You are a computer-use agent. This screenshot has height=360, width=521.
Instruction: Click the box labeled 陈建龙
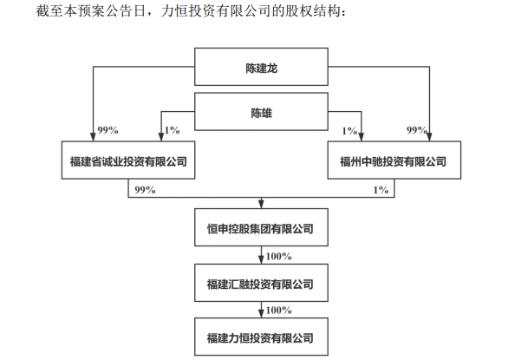click(x=261, y=67)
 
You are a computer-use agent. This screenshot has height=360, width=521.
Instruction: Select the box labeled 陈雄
click(x=261, y=111)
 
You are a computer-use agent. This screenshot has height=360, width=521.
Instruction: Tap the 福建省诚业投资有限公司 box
click(x=128, y=160)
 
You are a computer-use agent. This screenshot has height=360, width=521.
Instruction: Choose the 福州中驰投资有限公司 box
click(x=394, y=160)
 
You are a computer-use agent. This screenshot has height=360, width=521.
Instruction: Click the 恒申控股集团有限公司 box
click(x=261, y=227)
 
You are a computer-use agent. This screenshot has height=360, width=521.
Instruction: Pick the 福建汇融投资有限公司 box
click(x=261, y=283)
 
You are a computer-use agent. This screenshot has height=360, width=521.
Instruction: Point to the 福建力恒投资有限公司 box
click(x=261, y=337)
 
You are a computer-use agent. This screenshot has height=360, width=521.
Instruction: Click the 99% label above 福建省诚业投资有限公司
click(x=107, y=130)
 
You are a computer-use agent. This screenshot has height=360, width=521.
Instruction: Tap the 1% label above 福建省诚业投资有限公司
click(x=173, y=130)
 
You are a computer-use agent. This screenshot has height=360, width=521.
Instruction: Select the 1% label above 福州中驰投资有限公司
click(x=349, y=131)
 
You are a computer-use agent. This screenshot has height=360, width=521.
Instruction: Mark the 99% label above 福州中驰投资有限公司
click(x=417, y=130)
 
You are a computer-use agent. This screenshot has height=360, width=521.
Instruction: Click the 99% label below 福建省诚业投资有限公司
click(x=145, y=190)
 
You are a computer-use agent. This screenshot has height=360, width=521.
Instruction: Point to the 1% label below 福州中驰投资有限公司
click(x=381, y=190)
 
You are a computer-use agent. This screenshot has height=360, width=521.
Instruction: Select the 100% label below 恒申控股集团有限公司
click(x=279, y=256)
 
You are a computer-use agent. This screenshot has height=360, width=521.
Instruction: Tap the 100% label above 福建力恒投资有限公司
click(x=279, y=311)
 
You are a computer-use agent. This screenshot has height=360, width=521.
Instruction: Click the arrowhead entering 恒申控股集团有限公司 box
click(x=261, y=205)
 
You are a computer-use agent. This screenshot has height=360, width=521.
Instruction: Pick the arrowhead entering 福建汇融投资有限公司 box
click(x=261, y=260)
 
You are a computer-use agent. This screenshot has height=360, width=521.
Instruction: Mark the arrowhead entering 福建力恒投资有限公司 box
click(x=261, y=314)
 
